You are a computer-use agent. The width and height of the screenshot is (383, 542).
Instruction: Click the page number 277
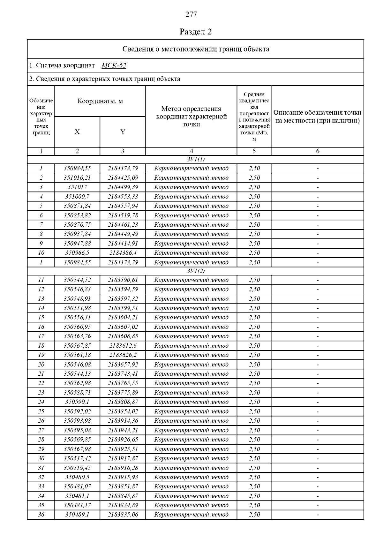tap(191, 14)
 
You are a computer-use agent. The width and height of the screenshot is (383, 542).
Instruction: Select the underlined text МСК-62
tap(114, 65)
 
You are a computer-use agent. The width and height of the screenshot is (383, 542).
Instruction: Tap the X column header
tap(77, 132)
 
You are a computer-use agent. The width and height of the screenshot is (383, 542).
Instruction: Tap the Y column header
tap(123, 132)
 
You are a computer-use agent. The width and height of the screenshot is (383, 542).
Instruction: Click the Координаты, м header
tap(100, 101)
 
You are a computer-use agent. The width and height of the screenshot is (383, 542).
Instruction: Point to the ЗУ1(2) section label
tap(195, 271)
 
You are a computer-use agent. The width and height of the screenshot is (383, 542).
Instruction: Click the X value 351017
tap(77, 187)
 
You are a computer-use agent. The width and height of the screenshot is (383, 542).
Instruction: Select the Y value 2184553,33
tap(123, 197)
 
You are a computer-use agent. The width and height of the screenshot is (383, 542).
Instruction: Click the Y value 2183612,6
tap(123, 346)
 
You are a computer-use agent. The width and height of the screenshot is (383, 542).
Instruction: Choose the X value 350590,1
tap(77, 402)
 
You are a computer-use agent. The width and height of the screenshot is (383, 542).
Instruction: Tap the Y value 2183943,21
tap(123, 430)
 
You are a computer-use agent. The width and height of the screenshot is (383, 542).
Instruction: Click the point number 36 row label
tap(41, 515)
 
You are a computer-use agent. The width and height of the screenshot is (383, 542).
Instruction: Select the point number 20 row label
tap(41, 365)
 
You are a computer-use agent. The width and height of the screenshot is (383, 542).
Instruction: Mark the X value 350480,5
tap(77, 477)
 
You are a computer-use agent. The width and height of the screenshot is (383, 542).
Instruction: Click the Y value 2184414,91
tap(123, 244)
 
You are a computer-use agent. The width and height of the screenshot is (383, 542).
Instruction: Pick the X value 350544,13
tap(77, 374)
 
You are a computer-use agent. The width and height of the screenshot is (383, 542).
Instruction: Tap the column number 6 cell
tap(318, 151)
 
